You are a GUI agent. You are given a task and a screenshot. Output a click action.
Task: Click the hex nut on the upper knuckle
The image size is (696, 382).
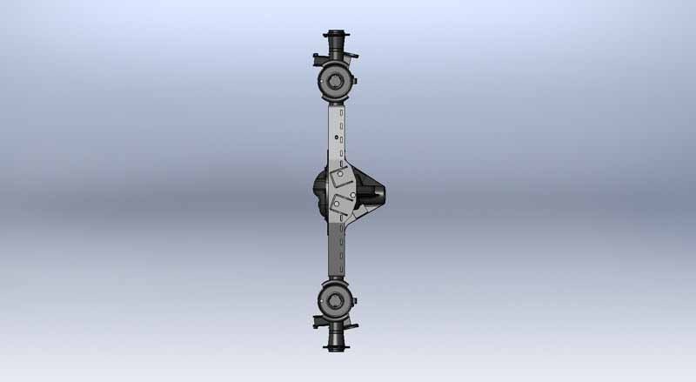tap(335, 84)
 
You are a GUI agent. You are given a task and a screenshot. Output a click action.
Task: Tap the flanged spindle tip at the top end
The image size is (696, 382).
tap(336, 38)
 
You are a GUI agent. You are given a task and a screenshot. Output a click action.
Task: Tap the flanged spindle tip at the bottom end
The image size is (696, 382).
tap(336, 345)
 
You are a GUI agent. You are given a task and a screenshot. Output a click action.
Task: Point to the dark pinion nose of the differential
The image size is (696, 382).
tap(379, 191)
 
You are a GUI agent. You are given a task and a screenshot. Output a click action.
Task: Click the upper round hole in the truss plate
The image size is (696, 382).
tap(339, 173)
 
